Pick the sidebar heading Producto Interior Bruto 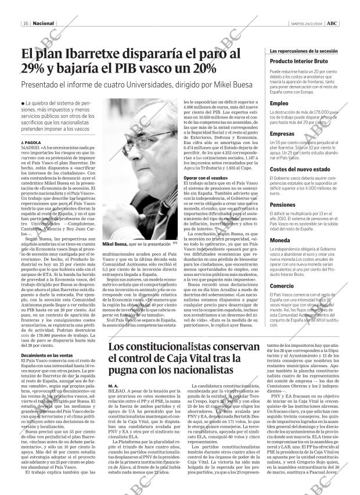[x=299, y=61]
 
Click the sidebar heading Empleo [x=279, y=103]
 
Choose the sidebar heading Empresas [x=282, y=134]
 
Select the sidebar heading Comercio [x=282, y=286]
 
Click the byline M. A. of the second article [x=114, y=386]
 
